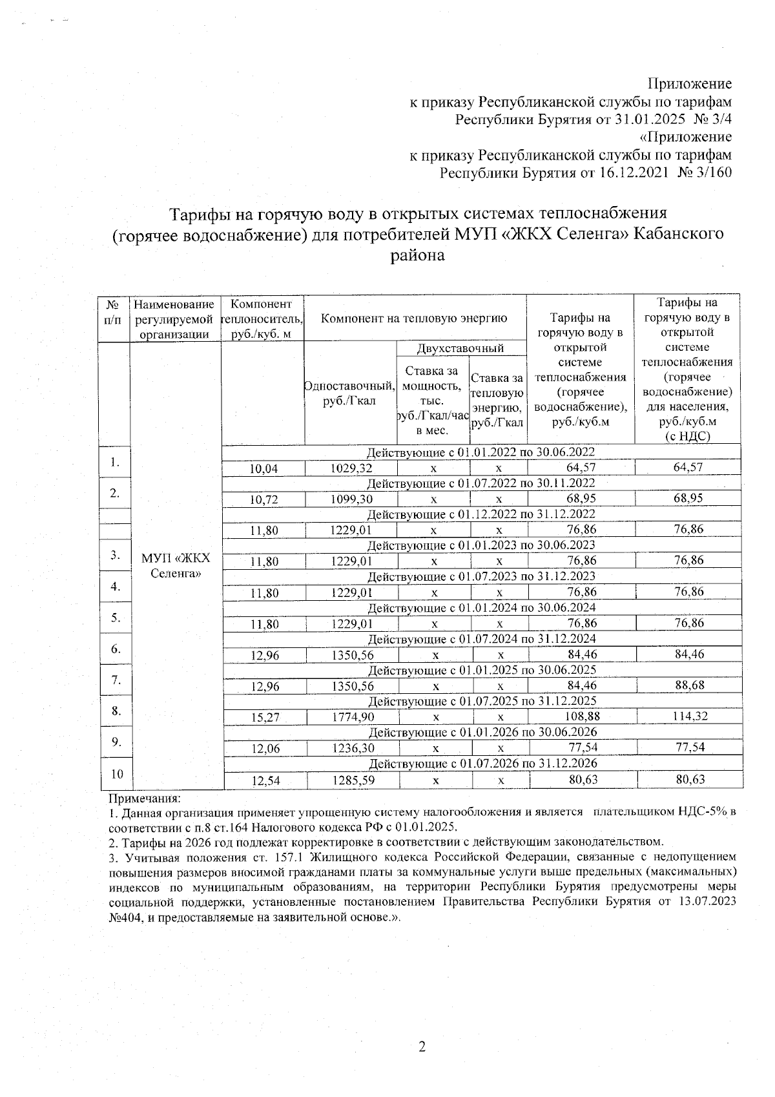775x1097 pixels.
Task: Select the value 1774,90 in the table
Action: (x=353, y=716)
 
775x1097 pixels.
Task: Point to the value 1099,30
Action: (x=351, y=499)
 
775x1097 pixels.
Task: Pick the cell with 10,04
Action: (x=263, y=468)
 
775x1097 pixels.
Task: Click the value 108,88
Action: (x=582, y=716)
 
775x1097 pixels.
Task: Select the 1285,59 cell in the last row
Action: (x=353, y=780)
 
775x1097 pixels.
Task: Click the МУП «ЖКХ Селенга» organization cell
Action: (x=176, y=566)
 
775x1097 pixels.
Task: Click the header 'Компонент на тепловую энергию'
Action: (x=415, y=318)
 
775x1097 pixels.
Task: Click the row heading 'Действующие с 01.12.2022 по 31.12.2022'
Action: (x=481, y=514)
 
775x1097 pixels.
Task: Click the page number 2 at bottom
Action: (x=422, y=1047)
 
